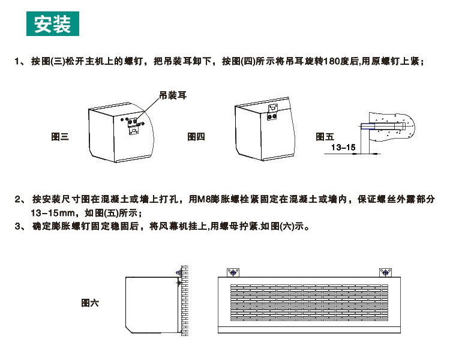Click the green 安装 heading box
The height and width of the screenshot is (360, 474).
53,23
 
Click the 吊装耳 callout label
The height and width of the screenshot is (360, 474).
173,95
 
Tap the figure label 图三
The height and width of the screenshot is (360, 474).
60,137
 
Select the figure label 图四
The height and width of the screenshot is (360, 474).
196,137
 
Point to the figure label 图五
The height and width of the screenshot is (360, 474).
325,137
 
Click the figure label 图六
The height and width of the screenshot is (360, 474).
90,302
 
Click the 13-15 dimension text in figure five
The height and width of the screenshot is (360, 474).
343,147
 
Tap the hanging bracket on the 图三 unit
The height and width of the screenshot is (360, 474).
133,126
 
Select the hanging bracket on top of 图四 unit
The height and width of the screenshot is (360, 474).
272,112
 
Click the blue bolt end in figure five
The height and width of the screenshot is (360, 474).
367,126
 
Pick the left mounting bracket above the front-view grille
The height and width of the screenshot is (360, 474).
233,272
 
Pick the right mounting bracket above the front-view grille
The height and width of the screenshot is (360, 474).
385,272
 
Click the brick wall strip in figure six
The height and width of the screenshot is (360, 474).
184,301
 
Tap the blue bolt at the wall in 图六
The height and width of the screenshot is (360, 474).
178,272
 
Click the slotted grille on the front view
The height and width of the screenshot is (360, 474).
309,302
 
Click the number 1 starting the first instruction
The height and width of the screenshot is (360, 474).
17,61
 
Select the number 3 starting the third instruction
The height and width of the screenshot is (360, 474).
17,226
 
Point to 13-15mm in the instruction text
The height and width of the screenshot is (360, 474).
53,213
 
